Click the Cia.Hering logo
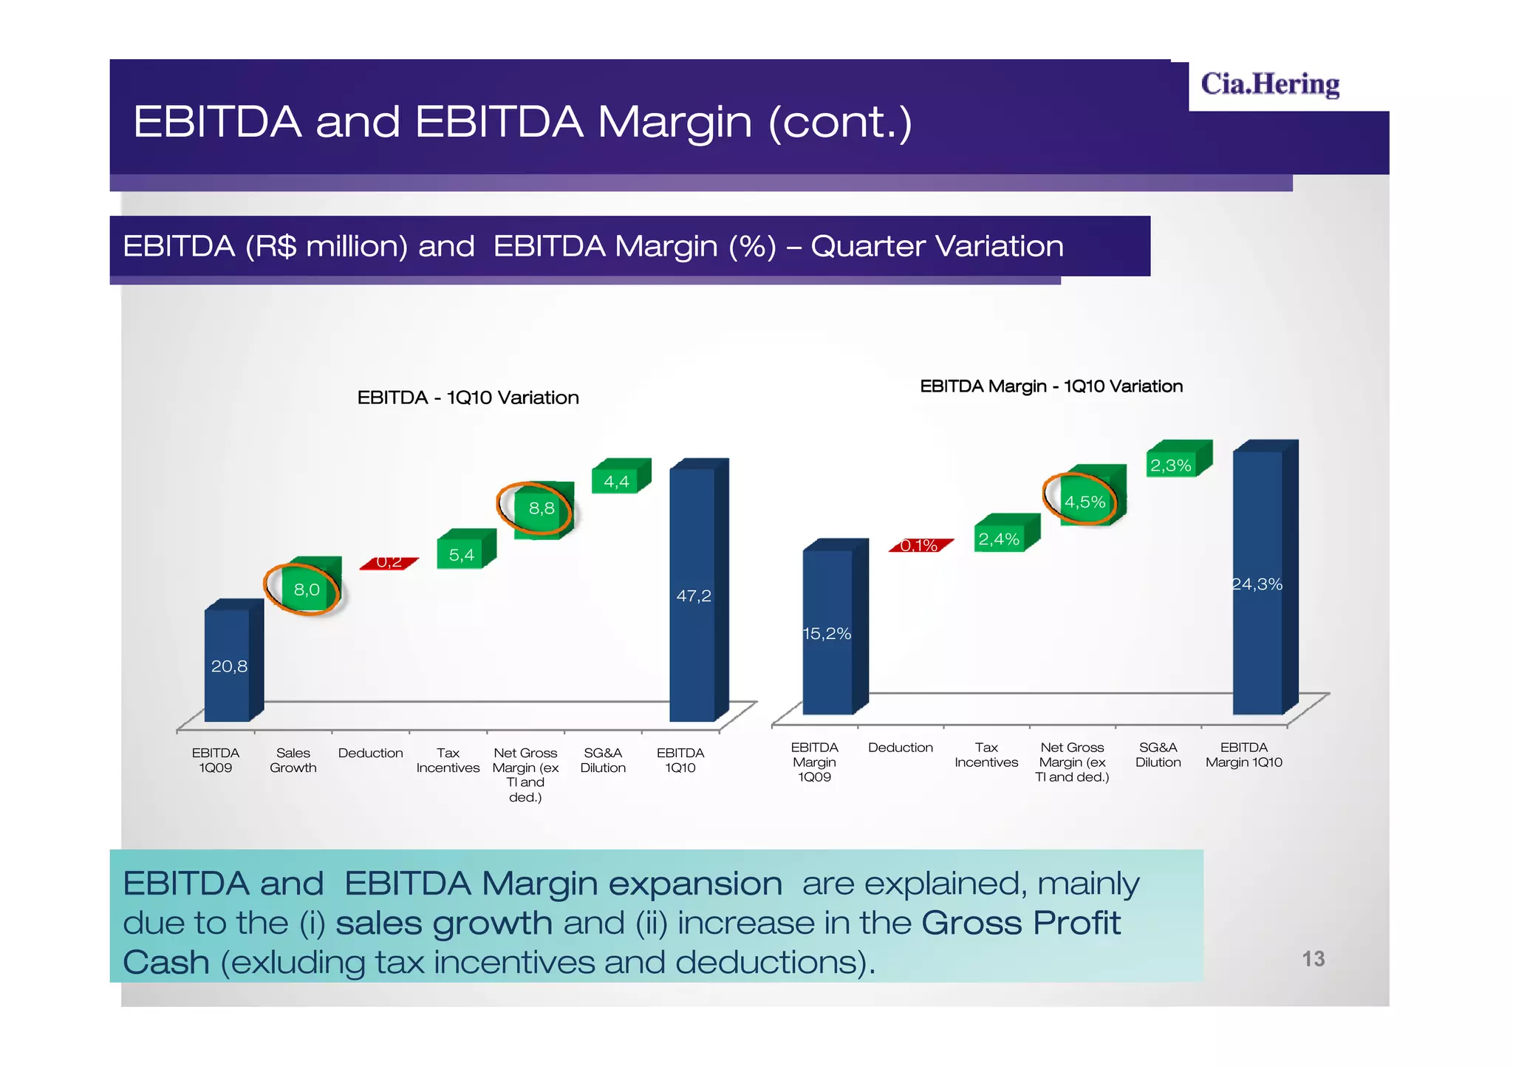[1269, 84]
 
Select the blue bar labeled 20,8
[228, 665]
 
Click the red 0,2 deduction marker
[389, 564]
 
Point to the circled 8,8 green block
[540, 508]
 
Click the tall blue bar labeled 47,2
[693, 595]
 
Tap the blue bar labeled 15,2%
[828, 632]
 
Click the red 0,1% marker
[919, 546]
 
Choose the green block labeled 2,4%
[1000, 539]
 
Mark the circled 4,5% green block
[1085, 502]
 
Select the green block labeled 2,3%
[1172, 465]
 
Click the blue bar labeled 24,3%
[1258, 584]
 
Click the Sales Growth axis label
[293, 760]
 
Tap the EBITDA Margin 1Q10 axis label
[1244, 755]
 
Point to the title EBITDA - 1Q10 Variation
[468, 397]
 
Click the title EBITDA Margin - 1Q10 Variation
[1051, 386]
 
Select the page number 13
[1313, 959]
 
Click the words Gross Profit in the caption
[1020, 923]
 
